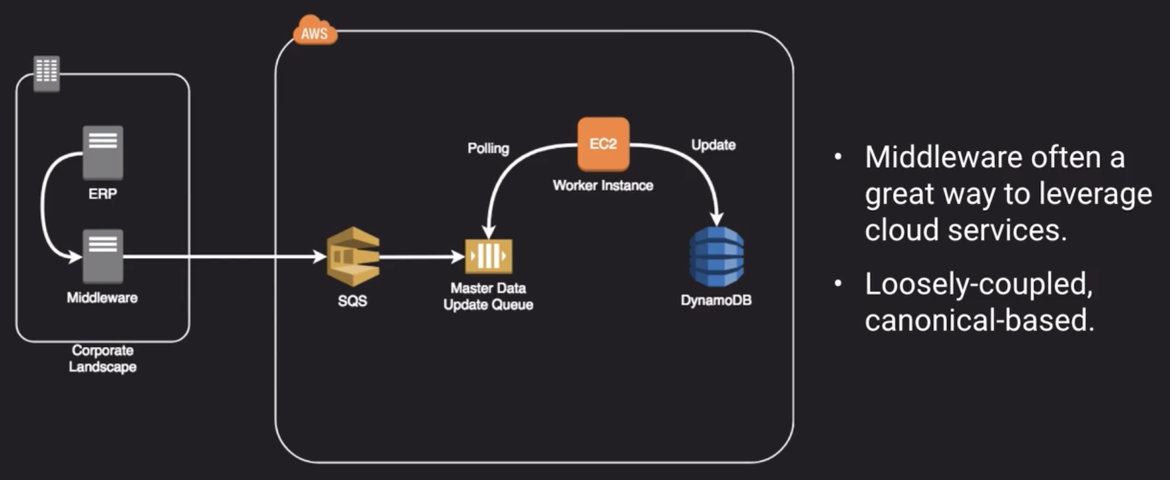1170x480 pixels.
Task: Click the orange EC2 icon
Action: tap(603, 144)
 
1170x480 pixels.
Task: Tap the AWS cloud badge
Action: tap(315, 31)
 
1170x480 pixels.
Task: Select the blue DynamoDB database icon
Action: tap(716, 257)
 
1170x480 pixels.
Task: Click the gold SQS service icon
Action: tap(353, 257)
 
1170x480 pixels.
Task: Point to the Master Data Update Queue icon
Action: tap(488, 257)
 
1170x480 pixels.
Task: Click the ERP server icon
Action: tap(102, 152)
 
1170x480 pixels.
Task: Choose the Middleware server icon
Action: tap(102, 256)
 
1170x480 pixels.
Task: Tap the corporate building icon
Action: tap(47, 72)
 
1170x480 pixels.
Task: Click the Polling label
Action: tap(488, 148)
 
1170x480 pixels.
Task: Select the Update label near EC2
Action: tap(713, 145)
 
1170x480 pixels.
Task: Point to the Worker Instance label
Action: tap(603, 185)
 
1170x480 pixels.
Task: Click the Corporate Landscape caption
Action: tap(102, 358)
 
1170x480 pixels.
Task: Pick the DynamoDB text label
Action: tap(716, 300)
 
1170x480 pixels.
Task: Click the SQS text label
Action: tap(352, 300)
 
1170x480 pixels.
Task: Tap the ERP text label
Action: tap(102, 194)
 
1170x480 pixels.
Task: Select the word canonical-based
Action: tap(979, 320)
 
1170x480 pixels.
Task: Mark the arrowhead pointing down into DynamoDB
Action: tap(717, 219)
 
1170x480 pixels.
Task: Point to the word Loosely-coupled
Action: tap(978, 285)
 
